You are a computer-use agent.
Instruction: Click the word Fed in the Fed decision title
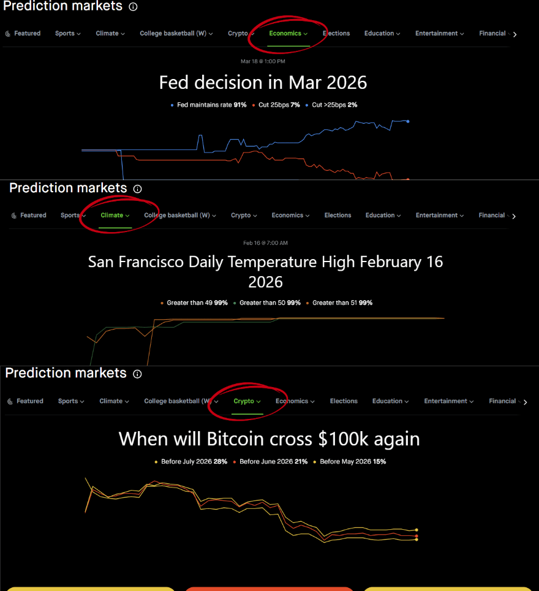pyautogui.click(x=173, y=82)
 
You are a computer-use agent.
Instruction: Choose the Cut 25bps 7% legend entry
pyautogui.click(x=279, y=105)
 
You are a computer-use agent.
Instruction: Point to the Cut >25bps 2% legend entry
pyautogui.click(x=334, y=105)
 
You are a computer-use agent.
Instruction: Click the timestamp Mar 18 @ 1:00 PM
pyautogui.click(x=263, y=61)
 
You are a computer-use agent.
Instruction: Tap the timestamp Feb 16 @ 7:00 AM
pyautogui.click(x=265, y=243)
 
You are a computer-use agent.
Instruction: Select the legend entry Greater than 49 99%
pyautogui.click(x=194, y=303)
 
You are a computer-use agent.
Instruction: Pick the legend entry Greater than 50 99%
pyautogui.click(x=269, y=303)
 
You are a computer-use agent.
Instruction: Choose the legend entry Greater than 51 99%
pyautogui.click(x=342, y=303)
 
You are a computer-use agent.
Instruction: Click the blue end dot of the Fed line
pyautogui.click(x=408, y=121)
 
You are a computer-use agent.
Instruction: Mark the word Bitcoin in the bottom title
pyautogui.click(x=232, y=439)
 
